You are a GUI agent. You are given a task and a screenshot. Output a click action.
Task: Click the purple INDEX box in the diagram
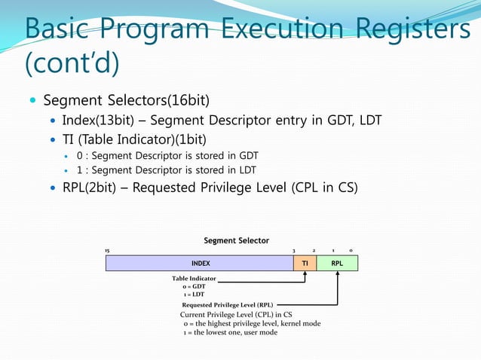click(x=199, y=264)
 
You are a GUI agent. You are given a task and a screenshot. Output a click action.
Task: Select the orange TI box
click(x=305, y=264)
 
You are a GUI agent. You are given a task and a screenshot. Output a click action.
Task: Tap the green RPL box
click(x=337, y=264)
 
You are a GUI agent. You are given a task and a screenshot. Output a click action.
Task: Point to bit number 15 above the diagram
click(x=107, y=250)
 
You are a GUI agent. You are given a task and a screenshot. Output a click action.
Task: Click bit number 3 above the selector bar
click(x=294, y=250)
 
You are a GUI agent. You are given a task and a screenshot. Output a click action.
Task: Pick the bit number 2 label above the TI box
click(x=314, y=250)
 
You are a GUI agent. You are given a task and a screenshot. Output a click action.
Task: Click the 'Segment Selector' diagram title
click(x=236, y=240)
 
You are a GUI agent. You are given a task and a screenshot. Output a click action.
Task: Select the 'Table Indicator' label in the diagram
click(x=194, y=279)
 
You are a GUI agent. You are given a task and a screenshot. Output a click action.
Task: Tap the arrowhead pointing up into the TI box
click(x=305, y=275)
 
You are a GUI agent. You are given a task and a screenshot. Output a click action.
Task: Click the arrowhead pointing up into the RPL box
click(x=338, y=275)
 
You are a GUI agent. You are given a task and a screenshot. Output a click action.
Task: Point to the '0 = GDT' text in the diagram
click(x=194, y=287)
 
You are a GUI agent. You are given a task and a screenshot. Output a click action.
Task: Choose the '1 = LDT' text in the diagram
click(x=193, y=295)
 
